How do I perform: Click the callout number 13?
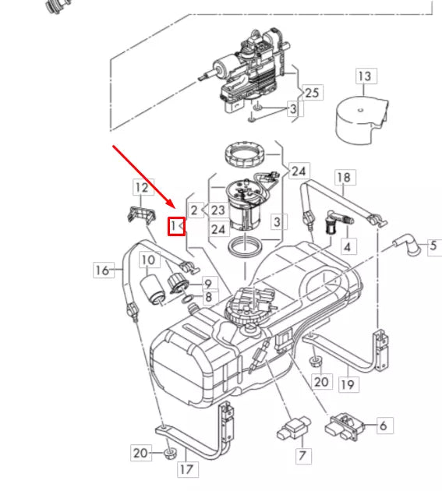click(365, 76)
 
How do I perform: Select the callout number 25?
click(312, 93)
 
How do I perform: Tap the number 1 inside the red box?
click(175, 226)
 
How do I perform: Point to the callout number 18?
click(343, 178)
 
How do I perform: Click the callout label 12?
click(140, 187)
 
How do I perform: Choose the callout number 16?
click(101, 270)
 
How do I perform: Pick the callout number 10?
click(148, 260)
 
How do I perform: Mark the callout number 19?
click(347, 383)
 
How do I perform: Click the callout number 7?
click(301, 454)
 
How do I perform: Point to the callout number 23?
click(217, 210)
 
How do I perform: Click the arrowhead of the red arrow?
click(175, 209)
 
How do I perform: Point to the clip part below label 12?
click(138, 214)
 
